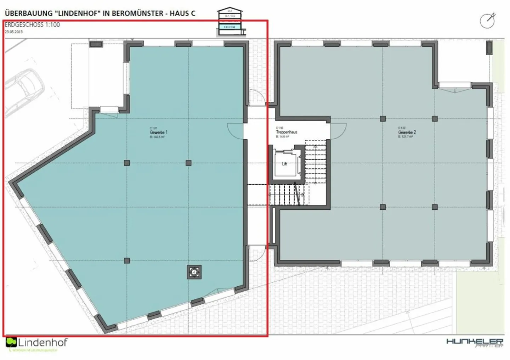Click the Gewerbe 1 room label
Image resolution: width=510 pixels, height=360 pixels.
tap(158, 132)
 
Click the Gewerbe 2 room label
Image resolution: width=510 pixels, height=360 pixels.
tap(407, 132)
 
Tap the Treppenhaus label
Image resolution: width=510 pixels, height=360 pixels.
tap(287, 132)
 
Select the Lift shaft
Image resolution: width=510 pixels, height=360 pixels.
tap(285, 164)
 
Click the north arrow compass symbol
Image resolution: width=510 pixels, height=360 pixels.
tap(487, 21)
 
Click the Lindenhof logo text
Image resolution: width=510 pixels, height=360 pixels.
tap(42, 343)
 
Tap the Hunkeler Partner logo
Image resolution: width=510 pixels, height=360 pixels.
tap(475, 342)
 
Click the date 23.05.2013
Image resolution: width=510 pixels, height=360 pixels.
tap(13, 32)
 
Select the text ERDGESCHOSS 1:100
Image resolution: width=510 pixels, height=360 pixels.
tap(32, 25)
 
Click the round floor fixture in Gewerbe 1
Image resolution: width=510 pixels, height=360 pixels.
tap(194, 272)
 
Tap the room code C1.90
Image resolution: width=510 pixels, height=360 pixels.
tap(279, 128)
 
